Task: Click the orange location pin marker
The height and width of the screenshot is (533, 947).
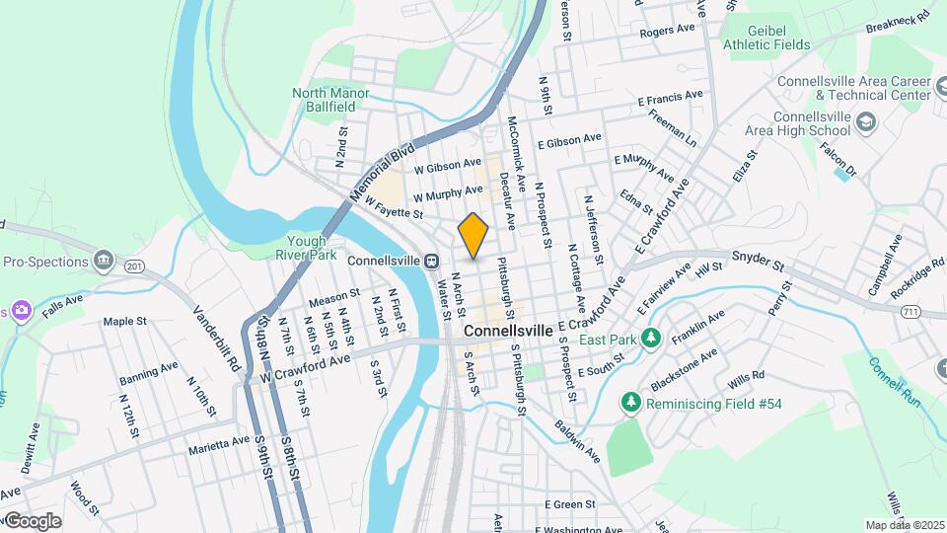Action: pyautogui.click(x=473, y=235)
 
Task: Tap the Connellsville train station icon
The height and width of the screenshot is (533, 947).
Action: pyautogui.click(x=431, y=261)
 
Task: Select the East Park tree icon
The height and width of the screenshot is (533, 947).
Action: pyautogui.click(x=650, y=340)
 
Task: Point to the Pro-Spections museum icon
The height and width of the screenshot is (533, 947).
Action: pyautogui.click(x=104, y=262)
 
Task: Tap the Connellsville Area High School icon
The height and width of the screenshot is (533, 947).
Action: pyautogui.click(x=866, y=122)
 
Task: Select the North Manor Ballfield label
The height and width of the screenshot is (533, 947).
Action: pyautogui.click(x=330, y=101)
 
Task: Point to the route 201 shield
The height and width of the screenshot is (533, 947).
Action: pyautogui.click(x=135, y=266)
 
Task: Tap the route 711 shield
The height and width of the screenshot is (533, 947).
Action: pyautogui.click(x=911, y=311)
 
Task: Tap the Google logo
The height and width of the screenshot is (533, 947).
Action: pyautogui.click(x=33, y=520)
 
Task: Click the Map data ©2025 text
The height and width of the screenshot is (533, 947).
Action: pyautogui.click(x=904, y=524)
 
